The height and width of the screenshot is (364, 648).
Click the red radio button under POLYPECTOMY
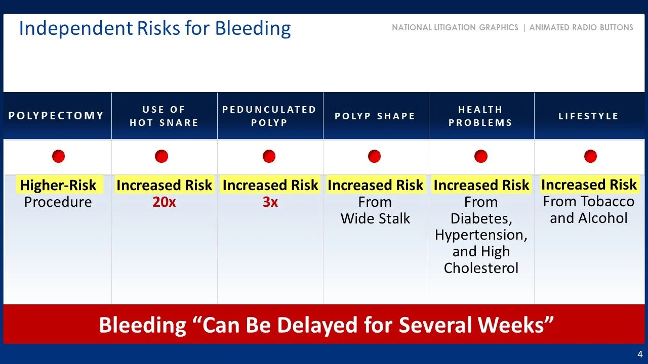pos(58,156)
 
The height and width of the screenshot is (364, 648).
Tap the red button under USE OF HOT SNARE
pos(161,156)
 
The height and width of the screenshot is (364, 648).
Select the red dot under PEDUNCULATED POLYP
pos(269,156)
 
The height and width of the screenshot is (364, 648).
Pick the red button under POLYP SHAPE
pos(374,156)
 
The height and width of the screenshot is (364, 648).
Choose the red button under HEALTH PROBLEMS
pos(480,156)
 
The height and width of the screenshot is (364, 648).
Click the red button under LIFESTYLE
pos(590,156)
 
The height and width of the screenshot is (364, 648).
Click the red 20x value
pos(164,202)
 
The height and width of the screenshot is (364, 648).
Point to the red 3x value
pos(270,202)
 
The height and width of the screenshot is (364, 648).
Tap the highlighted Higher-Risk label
pos(58,186)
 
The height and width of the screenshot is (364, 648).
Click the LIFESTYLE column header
pos(588,116)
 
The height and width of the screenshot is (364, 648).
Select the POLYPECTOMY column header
pos(56,116)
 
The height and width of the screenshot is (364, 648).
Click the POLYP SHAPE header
pos(375,116)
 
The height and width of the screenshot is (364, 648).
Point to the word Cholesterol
pos(481,267)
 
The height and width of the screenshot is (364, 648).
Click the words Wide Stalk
pos(375,219)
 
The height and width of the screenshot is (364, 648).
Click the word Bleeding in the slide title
pos(253,28)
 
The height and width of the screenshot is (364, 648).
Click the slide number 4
pos(640,354)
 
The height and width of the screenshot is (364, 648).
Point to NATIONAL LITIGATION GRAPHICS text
pos(455,28)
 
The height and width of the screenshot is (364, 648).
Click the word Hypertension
pos(481,235)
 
